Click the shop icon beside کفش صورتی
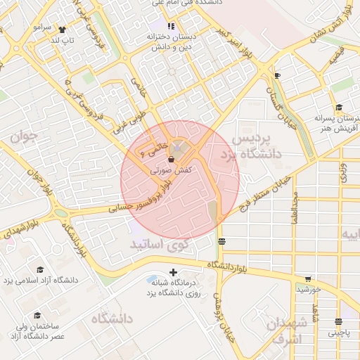(172, 160)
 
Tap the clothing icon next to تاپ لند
(63, 30)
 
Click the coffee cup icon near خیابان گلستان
(277, 75)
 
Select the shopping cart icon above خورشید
(307, 279)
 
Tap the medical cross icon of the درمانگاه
(174, 272)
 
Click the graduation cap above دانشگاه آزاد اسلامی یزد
(40, 270)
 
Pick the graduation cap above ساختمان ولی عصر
(37, 316)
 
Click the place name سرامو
(42, 27)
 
